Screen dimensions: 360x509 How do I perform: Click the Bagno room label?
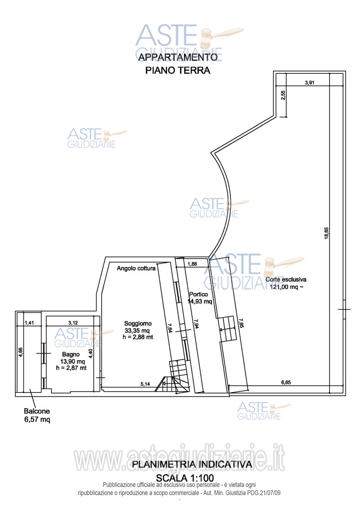click(71, 354)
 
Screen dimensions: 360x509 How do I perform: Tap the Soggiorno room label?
click(138, 323)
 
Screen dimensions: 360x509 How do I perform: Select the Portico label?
click(198, 295)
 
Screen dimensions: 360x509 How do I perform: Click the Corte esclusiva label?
click(286, 279)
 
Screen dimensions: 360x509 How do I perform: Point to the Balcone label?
click(37, 411)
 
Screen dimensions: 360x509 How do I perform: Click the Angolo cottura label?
click(136, 268)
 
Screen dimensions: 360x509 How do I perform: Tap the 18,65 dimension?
click(327, 233)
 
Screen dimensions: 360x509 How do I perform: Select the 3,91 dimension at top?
click(310, 83)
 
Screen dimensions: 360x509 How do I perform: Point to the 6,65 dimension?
click(286, 382)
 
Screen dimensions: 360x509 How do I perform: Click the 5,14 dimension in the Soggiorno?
click(145, 384)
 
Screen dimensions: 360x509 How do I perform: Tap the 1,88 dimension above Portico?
click(192, 264)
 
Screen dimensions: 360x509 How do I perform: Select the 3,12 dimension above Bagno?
click(73, 323)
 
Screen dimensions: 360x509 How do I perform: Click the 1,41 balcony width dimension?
click(29, 323)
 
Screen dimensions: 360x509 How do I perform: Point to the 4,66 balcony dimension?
click(20, 352)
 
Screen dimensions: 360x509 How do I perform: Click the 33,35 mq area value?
click(137, 330)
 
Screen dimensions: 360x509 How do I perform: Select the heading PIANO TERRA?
click(178, 70)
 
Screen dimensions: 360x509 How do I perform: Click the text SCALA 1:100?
click(185, 478)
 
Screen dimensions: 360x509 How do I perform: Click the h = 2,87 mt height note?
click(72, 368)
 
